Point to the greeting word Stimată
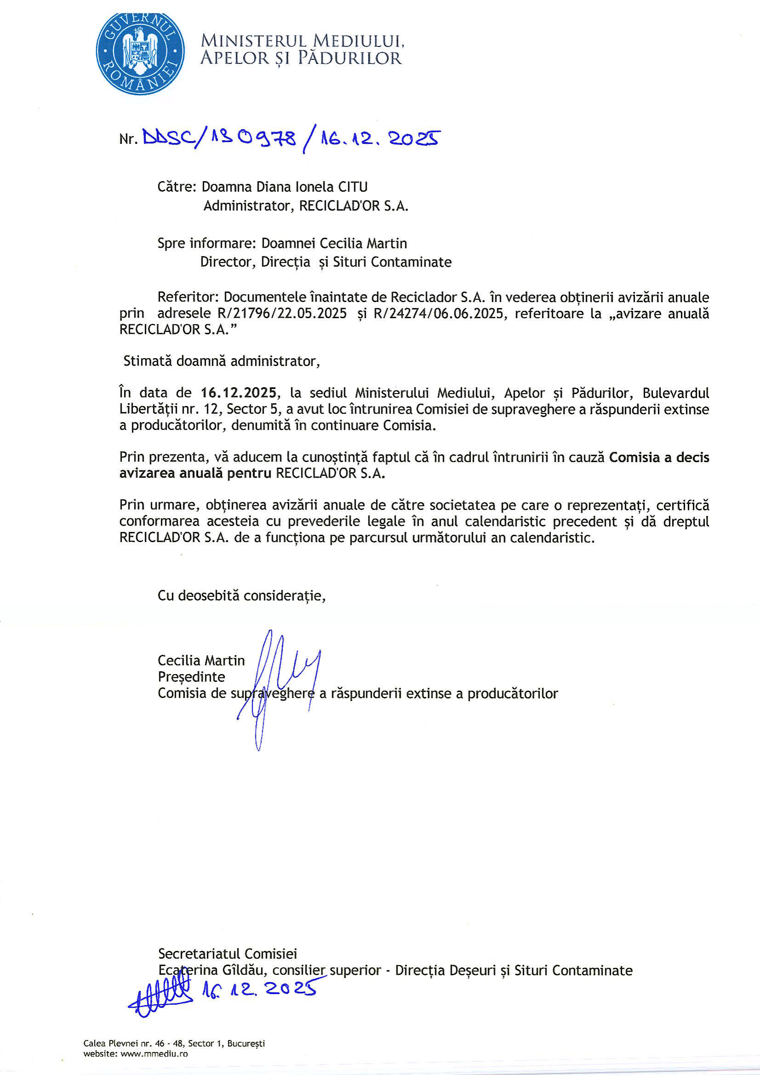tap(147, 361)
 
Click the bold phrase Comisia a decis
tap(659, 457)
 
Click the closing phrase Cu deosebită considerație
tap(242, 595)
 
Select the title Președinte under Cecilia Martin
tap(191, 676)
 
